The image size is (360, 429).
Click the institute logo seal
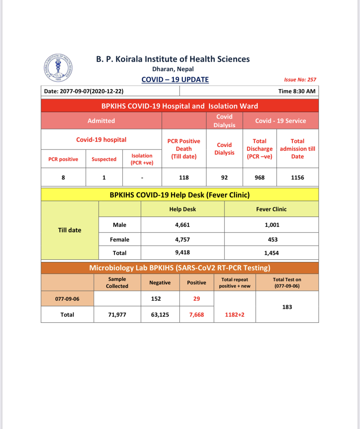[58, 68]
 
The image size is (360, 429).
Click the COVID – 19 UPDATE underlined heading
[175, 80]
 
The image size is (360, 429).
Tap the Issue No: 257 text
[300, 80]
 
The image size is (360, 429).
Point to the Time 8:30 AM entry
[297, 91]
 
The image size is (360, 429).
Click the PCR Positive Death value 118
[184, 177]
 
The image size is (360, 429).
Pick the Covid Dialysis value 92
[224, 177]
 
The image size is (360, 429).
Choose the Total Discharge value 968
[260, 177]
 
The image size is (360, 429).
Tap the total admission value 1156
[297, 177]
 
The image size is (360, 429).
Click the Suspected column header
[104, 159]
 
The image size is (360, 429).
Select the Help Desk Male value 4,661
[182, 225]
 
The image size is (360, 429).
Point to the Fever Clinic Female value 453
[273, 239]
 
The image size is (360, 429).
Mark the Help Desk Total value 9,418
[182, 253]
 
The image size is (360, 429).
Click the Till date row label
[69, 230]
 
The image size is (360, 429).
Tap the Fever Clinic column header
[271, 209]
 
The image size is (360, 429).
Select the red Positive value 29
[196, 299]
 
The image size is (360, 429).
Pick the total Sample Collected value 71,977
[117, 315]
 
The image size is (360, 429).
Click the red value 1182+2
[235, 315]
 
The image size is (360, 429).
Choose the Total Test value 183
[287, 307]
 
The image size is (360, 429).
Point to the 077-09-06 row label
[67, 299]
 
